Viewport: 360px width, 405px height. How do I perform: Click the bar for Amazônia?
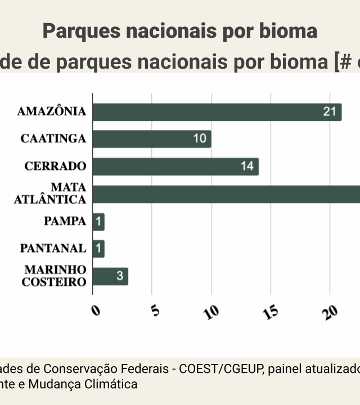point(217,112)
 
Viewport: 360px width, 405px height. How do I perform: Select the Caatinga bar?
point(152,139)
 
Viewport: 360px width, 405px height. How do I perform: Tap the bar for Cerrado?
point(175,166)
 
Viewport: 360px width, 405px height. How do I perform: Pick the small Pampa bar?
point(98,222)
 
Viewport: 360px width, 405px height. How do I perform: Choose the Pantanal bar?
point(98,249)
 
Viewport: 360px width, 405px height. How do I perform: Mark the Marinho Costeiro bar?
point(110,276)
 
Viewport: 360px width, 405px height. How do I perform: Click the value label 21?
point(329,112)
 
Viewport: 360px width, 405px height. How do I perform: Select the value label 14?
point(247,166)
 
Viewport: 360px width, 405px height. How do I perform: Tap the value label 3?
point(120,276)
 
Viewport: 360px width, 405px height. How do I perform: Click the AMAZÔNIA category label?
point(52,111)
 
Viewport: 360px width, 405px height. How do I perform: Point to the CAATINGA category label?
point(53,138)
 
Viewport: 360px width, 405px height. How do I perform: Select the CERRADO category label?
point(55,166)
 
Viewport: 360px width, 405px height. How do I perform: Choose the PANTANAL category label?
point(53,248)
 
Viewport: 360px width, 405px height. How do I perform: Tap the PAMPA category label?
point(65,221)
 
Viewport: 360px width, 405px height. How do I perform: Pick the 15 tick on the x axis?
point(271,313)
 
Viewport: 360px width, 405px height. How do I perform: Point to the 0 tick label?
point(96,310)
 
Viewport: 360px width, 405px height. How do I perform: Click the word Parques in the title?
point(76,31)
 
